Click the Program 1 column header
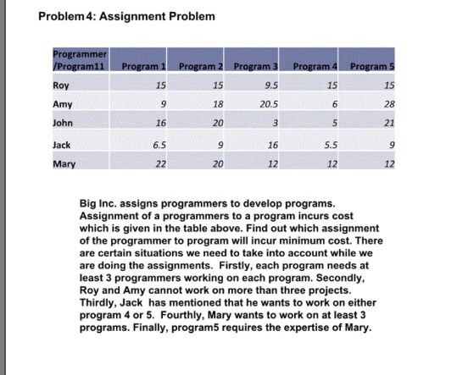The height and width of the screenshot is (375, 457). (143, 67)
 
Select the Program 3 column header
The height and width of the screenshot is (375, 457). (255, 67)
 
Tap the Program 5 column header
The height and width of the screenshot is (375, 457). (372, 67)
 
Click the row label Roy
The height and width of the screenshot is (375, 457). (61, 85)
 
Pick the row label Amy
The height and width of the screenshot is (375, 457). (63, 104)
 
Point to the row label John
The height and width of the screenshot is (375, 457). (63, 123)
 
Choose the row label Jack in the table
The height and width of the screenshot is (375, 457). (62, 145)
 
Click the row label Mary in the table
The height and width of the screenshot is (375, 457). (64, 164)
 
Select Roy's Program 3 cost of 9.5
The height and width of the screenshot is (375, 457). (271, 85)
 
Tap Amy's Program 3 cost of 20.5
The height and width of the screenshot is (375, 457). (269, 104)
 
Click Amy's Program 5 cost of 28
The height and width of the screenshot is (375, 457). (389, 104)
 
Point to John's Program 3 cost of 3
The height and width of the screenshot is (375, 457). (275, 123)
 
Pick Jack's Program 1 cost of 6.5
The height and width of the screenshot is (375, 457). (159, 145)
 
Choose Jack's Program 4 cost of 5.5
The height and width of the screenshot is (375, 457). (331, 145)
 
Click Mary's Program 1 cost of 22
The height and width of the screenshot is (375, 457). (160, 164)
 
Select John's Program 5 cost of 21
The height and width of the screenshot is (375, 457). (389, 123)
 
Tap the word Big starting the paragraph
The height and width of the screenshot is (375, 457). (88, 204)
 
